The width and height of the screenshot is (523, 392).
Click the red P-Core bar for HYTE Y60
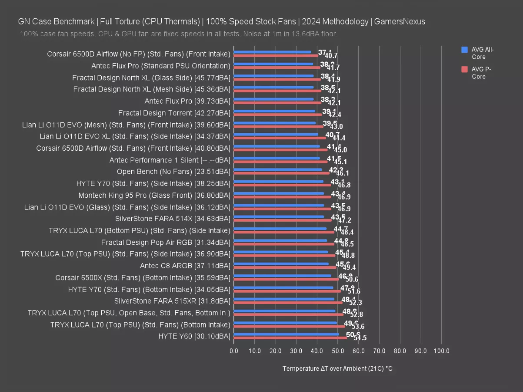pyautogui.click(x=290, y=338)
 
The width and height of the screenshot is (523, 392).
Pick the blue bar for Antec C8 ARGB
pyautogui.click(x=281, y=264)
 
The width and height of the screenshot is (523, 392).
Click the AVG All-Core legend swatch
pyautogui.click(x=464, y=50)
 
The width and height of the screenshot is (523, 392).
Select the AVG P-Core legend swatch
pyautogui.click(x=464, y=69)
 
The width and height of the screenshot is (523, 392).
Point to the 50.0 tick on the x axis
pyautogui.click(x=338, y=351)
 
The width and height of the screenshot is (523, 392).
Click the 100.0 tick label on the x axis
pyautogui.click(x=442, y=351)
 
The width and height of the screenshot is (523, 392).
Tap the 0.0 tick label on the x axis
pyautogui.click(x=234, y=351)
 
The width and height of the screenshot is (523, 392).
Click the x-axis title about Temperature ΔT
pyautogui.click(x=337, y=368)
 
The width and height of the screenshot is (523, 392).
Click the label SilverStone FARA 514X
pyautogui.click(x=173, y=219)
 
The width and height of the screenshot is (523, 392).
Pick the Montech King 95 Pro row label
pyautogui.click(x=154, y=195)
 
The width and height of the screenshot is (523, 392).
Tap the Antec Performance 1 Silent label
pyautogui.click(x=170, y=160)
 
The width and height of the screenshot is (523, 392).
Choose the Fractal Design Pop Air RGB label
pyautogui.click(x=166, y=242)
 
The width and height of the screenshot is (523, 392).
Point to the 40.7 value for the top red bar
pyautogui.click(x=331, y=56)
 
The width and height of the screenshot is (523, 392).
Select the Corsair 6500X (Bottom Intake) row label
pyautogui.click(x=143, y=277)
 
